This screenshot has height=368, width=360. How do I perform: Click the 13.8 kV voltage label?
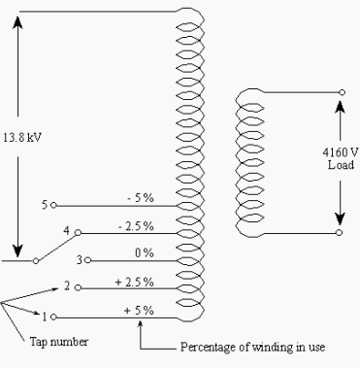[27, 137]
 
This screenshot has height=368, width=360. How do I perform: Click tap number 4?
[66, 232]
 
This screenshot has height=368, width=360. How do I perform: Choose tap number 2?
[66, 287]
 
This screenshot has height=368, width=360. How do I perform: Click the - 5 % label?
[141, 198]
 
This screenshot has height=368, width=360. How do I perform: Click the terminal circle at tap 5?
[54, 206]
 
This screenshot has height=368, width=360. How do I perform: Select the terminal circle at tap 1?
[54, 317]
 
